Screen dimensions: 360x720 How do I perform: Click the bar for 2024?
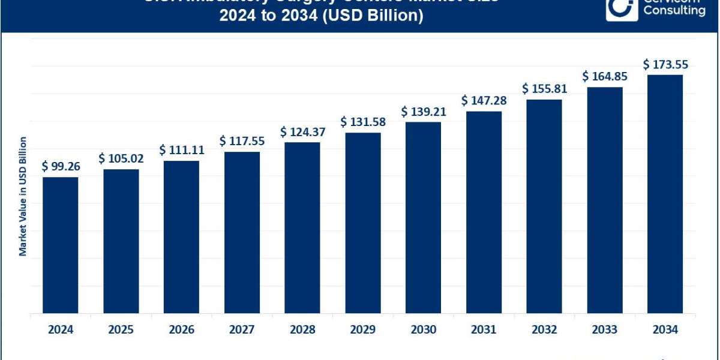[61, 245]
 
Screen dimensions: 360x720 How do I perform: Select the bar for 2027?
[242, 232]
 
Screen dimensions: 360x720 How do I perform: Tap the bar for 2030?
[423, 217]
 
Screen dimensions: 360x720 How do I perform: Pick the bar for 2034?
[665, 194]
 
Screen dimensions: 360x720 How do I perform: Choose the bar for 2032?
[544, 206]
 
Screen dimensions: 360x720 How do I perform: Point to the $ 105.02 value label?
[121, 158]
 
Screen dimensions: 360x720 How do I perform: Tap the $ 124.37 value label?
[302, 131]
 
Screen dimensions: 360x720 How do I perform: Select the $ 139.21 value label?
[423, 111]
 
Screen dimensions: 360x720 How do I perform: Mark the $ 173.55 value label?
[665, 64]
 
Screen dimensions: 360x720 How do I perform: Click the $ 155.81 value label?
[544, 89]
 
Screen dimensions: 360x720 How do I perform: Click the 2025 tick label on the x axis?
[121, 329]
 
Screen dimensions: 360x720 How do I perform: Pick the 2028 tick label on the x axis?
[302, 329]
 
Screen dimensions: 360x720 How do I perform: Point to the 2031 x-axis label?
[484, 329]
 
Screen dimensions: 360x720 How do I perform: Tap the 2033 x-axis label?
[604, 329]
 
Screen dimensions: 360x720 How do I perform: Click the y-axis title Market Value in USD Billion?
[23, 196]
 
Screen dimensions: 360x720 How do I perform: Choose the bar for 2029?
[363, 223]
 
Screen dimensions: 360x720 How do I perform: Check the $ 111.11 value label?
[182, 150]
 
